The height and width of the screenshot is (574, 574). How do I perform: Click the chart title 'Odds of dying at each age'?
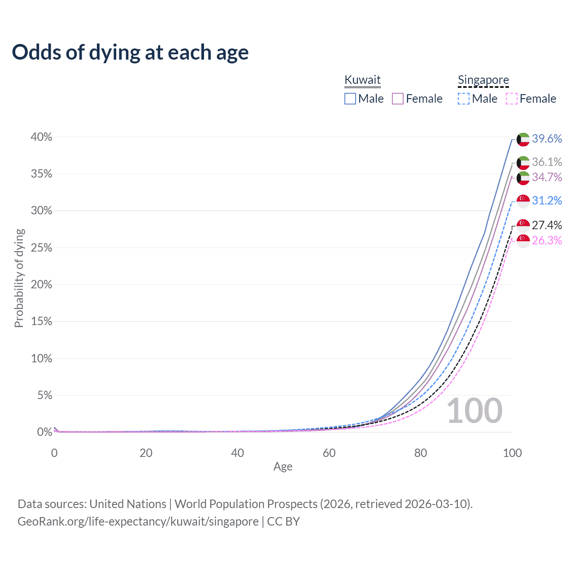pos(130,52)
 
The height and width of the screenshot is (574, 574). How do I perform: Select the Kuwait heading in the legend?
pos(362,80)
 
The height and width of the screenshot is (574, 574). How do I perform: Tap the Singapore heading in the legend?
pos(483,80)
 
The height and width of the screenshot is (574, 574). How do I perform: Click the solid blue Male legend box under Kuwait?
pos(350,99)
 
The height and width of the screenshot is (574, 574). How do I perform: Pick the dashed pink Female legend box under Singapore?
pos(512,99)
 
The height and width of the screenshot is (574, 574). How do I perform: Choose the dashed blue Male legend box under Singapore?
pos(464,99)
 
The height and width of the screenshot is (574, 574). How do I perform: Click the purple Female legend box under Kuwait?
pos(398,99)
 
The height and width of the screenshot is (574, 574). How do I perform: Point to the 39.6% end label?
pos(547,139)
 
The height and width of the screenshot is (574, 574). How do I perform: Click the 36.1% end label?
pos(547,162)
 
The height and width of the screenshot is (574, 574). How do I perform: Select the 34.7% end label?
pos(547,178)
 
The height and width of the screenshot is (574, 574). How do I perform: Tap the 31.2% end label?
pos(547,200)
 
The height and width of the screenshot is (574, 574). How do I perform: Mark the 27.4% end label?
pos(547,225)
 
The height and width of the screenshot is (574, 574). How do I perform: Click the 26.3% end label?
pos(547,241)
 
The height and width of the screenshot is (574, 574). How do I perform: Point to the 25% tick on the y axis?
pos(41,248)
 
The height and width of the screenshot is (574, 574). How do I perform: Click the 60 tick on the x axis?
pos(329,453)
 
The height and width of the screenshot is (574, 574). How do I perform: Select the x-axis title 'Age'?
pos(283,467)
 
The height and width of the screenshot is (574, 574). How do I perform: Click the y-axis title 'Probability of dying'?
pos(19,278)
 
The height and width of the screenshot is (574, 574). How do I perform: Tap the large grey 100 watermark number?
pos(474,411)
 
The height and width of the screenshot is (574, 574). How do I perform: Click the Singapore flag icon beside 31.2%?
pos(523,201)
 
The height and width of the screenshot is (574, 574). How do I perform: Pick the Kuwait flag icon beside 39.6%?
pos(523,139)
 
